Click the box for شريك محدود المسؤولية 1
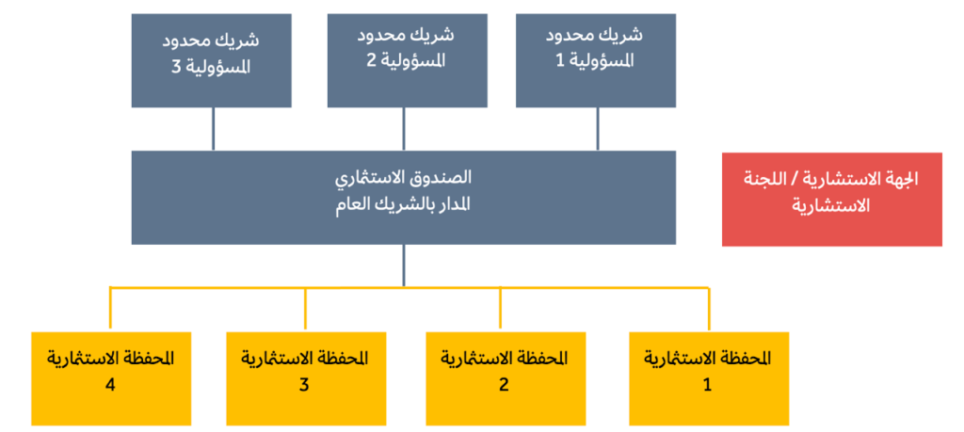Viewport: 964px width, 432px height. coord(596,60)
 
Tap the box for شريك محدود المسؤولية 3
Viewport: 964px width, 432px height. coord(212,60)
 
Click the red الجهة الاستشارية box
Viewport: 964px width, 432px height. coord(832,200)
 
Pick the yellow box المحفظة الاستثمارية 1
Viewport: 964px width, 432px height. coord(709,378)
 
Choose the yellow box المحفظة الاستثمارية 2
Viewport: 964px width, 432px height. coord(506,378)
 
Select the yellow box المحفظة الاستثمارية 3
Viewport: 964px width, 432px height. coord(306,378)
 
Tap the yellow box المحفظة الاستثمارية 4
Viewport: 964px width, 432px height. coord(111,378)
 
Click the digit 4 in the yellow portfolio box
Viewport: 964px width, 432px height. coord(111,385)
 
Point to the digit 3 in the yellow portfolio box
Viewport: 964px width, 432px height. coord(304,385)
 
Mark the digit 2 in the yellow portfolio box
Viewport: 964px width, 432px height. coord(505,385)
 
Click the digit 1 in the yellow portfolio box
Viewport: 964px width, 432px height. coord(707,385)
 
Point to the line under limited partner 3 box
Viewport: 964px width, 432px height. coord(214,129)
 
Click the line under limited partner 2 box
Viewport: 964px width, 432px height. coord(403,129)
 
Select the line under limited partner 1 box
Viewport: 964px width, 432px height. coord(597,129)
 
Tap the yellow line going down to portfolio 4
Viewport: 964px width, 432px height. coord(111,308)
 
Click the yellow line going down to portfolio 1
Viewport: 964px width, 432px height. coord(709,309)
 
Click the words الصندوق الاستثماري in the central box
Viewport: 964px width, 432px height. coord(403,179)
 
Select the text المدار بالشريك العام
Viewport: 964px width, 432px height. coord(403,204)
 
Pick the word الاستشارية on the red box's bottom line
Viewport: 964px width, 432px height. coord(832,207)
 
